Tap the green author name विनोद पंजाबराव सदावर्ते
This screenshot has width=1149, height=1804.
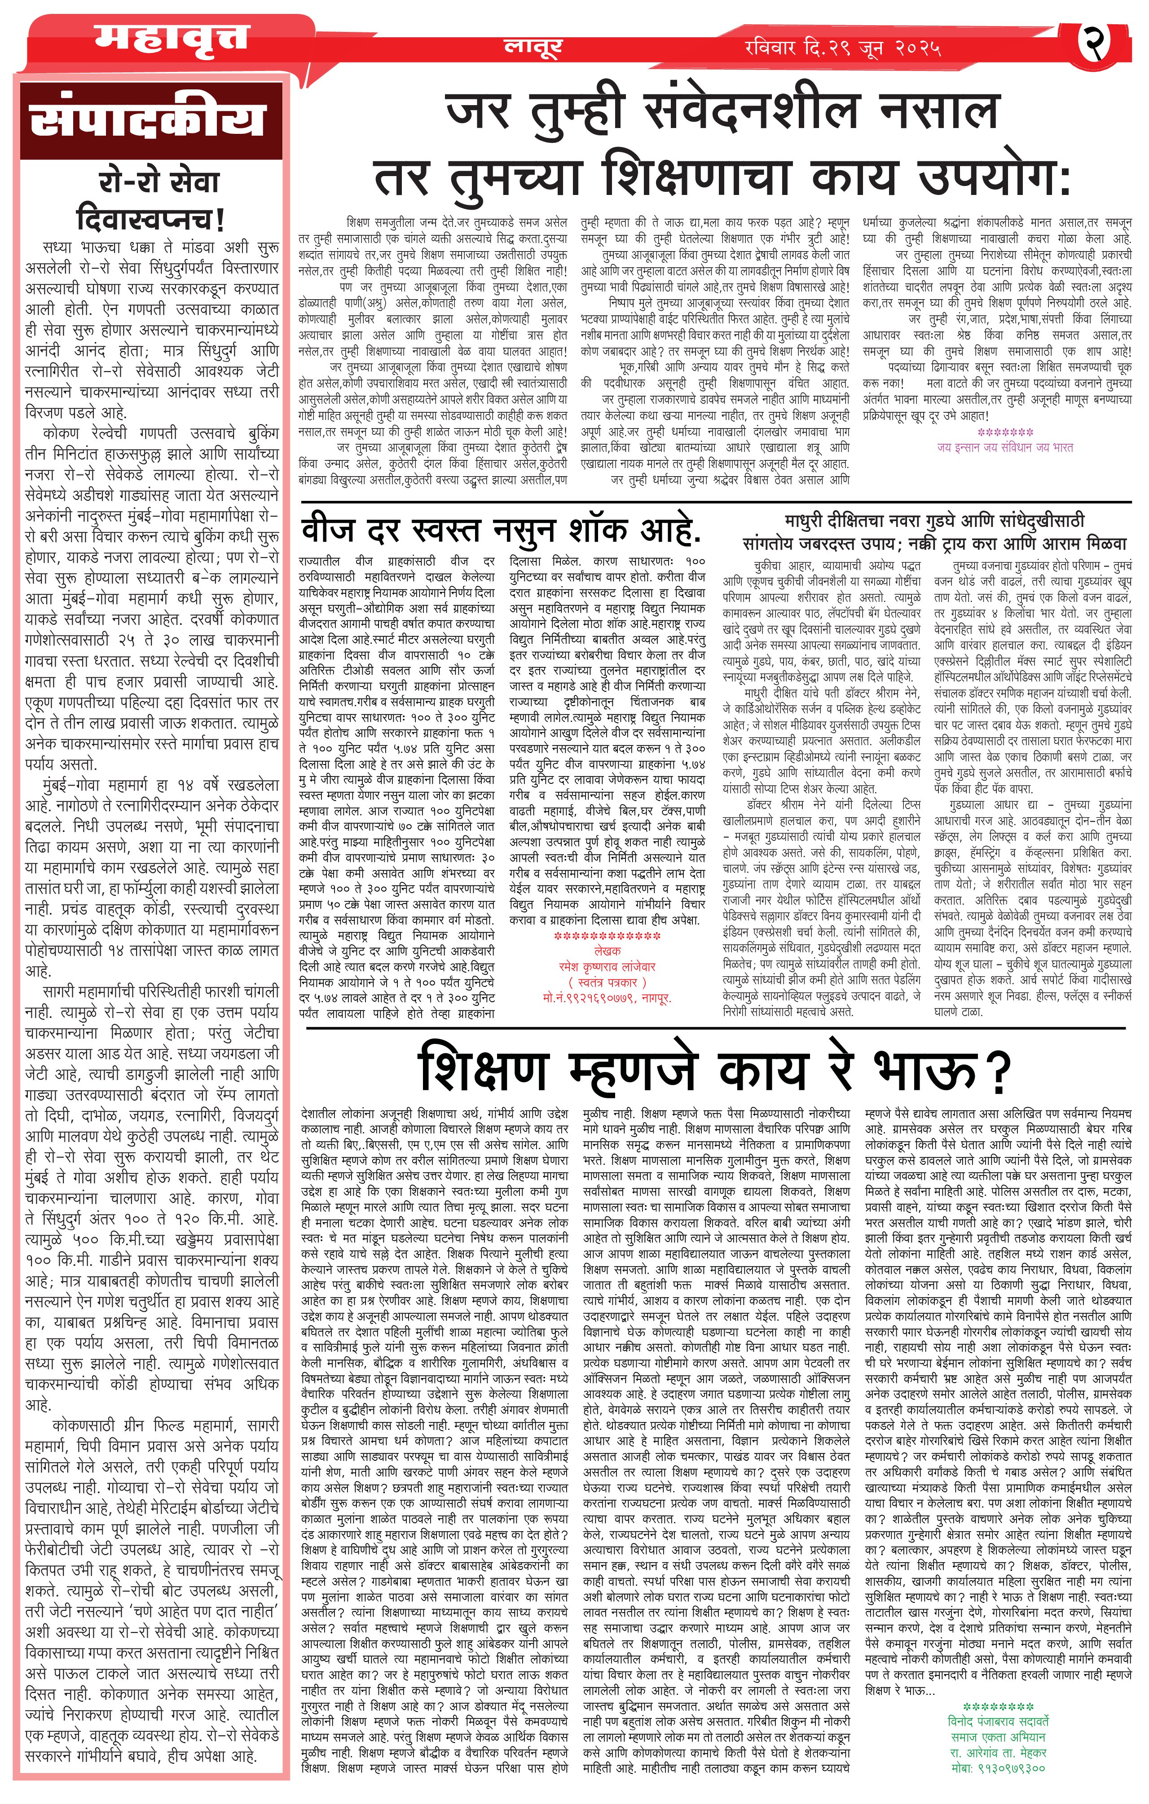998,1721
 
